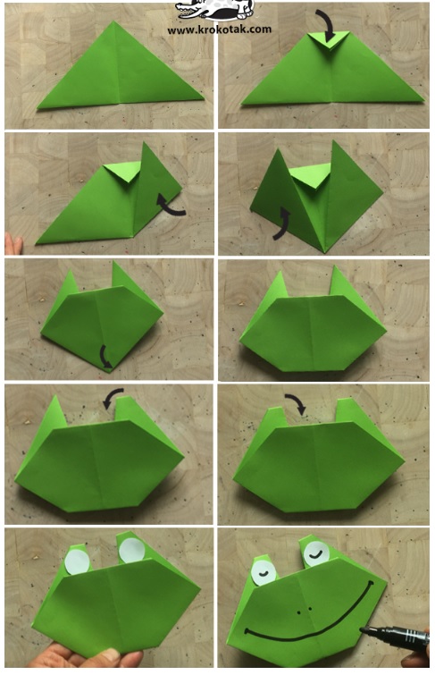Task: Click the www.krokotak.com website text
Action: click(x=220, y=30)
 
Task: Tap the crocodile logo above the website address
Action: click(x=215, y=10)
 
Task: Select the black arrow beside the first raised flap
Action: click(x=170, y=206)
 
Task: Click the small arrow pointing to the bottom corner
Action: click(x=105, y=358)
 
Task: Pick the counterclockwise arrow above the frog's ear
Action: click(x=113, y=398)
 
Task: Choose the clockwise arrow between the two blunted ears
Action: click(x=296, y=402)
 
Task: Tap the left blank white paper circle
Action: click(x=78, y=561)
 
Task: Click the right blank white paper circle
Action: click(x=131, y=550)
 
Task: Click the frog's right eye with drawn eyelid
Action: click(x=317, y=554)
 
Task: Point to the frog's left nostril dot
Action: click(x=298, y=612)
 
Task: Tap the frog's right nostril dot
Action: click(x=310, y=609)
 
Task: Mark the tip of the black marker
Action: click(x=362, y=629)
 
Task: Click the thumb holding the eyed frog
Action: click(x=116, y=657)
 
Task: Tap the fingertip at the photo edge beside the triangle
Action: click(x=13, y=244)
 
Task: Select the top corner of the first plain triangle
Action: click(x=113, y=21)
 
